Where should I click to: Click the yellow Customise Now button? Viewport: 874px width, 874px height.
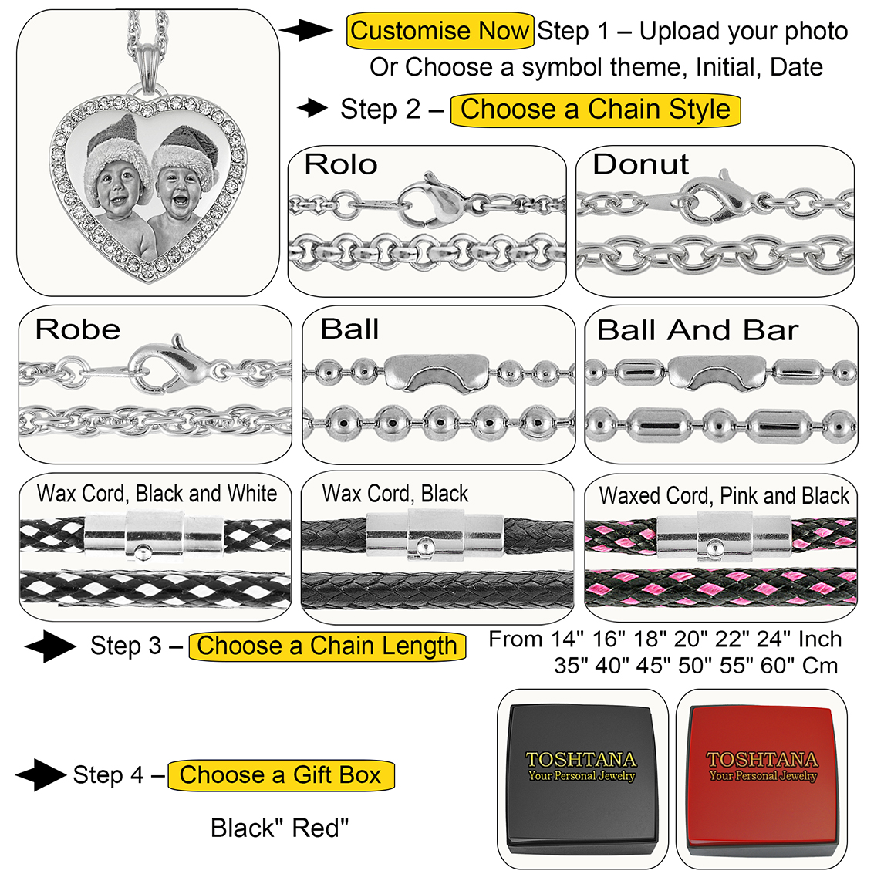pos(440,32)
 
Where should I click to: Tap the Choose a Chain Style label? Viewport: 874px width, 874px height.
pos(595,110)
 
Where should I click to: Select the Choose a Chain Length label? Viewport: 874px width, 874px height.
pos(327,646)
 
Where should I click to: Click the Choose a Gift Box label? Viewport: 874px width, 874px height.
pos(281,775)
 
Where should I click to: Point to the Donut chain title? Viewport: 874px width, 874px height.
pos(640,164)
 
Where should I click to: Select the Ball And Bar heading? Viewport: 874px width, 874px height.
pos(697,330)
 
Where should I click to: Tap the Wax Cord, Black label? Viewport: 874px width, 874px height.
pos(395,494)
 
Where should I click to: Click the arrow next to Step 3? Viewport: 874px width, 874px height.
pos(49,646)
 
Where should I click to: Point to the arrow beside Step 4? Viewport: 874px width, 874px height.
pos(39,775)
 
